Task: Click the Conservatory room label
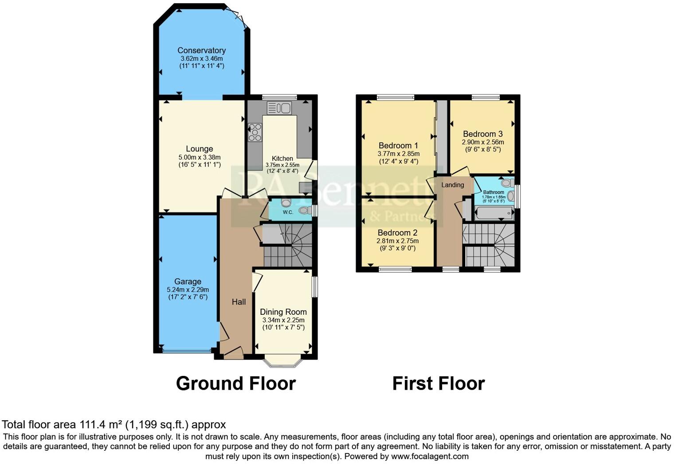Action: tap(201, 50)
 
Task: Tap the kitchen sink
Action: tap(279, 108)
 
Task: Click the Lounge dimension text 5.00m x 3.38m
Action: tap(199, 157)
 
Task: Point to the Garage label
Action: tap(188, 282)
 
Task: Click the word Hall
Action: tap(239, 302)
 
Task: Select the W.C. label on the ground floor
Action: tap(288, 213)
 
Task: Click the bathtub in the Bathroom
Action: tap(494, 213)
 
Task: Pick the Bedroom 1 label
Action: tap(398, 146)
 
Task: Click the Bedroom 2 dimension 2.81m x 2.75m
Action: tap(397, 241)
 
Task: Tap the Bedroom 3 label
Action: tap(482, 134)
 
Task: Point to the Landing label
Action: tap(452, 185)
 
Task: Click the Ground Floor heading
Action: tap(235, 383)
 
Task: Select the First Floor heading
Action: tap(438, 383)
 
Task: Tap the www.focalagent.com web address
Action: tap(429, 456)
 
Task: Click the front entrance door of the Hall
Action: tap(233, 352)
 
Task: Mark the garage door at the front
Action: tap(186, 351)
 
